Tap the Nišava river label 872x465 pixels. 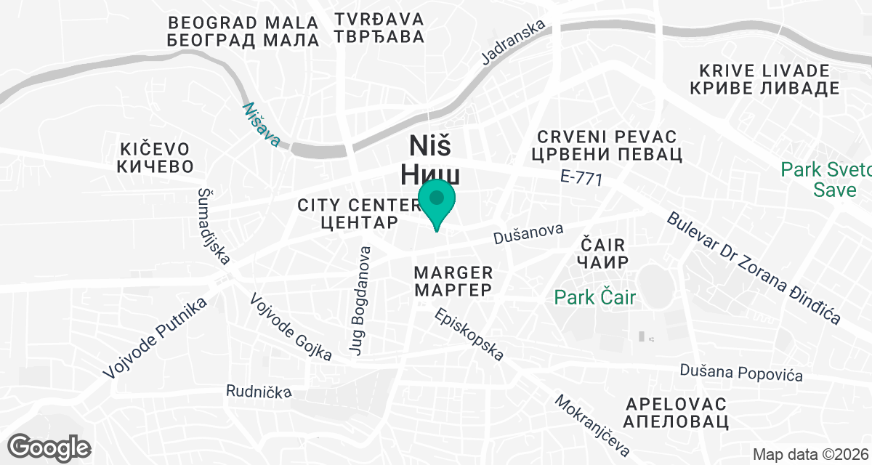click(x=262, y=124)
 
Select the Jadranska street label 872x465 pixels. click(x=514, y=44)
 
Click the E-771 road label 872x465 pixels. click(x=582, y=178)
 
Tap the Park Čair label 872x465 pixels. click(x=595, y=297)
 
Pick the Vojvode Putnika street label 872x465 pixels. click(x=155, y=338)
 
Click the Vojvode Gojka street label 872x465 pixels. click(x=291, y=327)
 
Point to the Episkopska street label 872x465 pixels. click(x=469, y=335)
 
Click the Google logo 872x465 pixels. click(x=50, y=447)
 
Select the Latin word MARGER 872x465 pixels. click(x=453, y=272)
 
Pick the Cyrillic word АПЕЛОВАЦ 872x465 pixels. click(x=677, y=421)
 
